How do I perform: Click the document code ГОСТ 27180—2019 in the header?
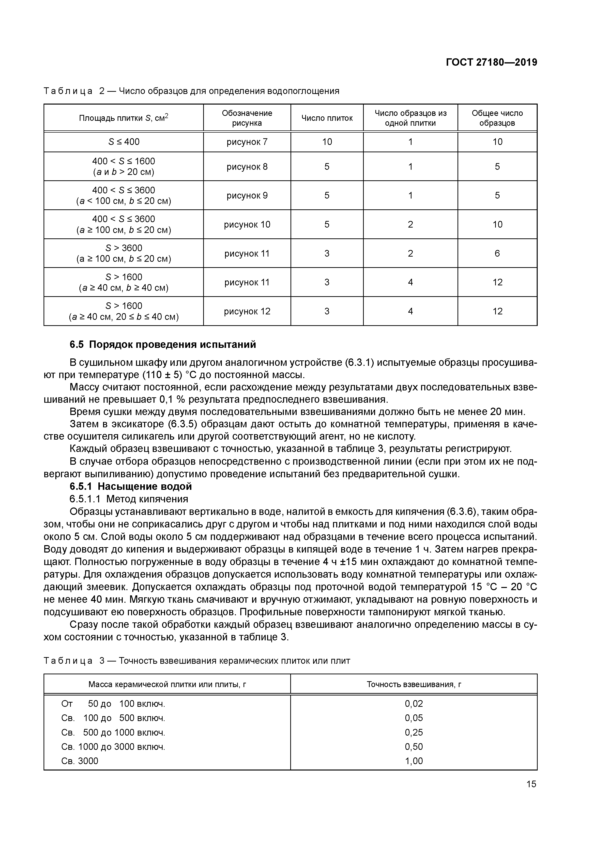491,62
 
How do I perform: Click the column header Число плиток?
327,118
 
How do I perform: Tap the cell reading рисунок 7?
247,142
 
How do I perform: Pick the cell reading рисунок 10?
247,224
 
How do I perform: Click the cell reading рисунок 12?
247,311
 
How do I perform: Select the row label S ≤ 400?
124,142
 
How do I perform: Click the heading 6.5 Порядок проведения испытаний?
163,344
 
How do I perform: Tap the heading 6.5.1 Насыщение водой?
130,486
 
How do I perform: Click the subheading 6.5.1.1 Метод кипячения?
129,499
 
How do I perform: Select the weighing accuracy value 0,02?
413,704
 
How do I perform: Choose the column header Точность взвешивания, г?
413,684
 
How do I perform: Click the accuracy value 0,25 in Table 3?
413,732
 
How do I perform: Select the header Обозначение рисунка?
247,118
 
